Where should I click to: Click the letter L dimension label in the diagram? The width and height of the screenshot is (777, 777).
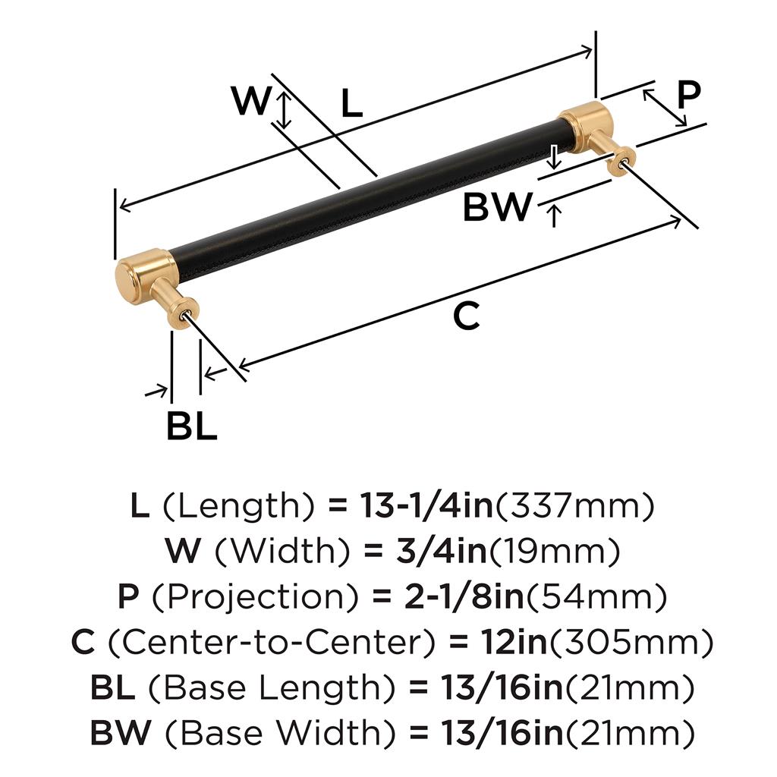[351, 104]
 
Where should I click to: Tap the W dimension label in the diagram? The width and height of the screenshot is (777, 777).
[251, 101]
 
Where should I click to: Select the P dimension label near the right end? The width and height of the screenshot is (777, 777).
[688, 96]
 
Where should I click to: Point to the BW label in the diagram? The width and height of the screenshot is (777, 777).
[497, 206]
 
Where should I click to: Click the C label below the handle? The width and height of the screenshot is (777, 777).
[466, 316]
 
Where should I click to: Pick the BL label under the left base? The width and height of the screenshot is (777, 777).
[192, 427]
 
